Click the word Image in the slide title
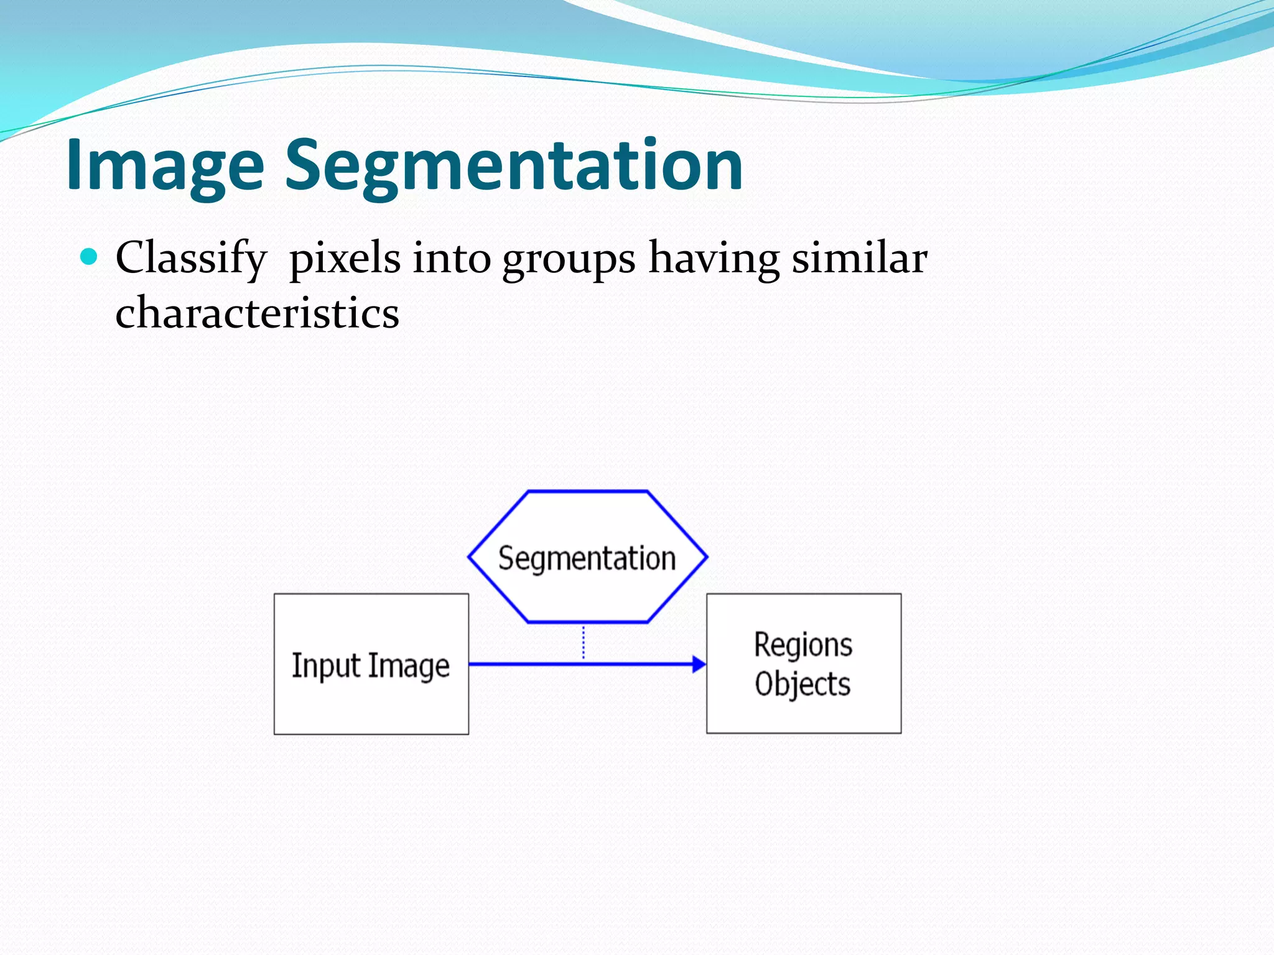[x=165, y=165]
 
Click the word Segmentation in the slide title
[x=513, y=165]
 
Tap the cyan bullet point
[x=90, y=256]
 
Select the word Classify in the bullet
[x=191, y=259]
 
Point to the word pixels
[x=345, y=259]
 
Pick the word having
[x=714, y=259]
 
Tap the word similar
[x=859, y=257]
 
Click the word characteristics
[x=257, y=313]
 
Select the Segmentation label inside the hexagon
[x=587, y=558]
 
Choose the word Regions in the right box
[x=803, y=645]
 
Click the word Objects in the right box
[x=802, y=684]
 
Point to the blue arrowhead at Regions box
[x=699, y=664]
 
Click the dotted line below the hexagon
[x=584, y=642]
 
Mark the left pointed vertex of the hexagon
[x=470, y=557]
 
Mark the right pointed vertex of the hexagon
[x=707, y=557]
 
